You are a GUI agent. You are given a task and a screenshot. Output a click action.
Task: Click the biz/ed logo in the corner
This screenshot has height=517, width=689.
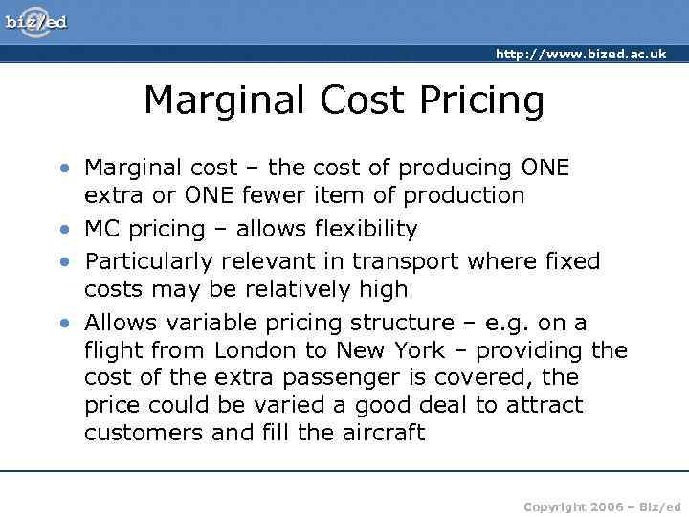click(36, 20)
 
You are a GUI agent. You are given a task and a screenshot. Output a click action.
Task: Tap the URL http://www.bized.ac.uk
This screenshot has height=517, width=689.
click(580, 55)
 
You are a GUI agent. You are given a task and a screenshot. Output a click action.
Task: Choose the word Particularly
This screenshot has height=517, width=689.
click(150, 261)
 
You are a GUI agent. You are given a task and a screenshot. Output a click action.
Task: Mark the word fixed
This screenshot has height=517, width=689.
click(572, 261)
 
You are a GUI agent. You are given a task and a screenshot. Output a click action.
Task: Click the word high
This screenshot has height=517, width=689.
click(383, 289)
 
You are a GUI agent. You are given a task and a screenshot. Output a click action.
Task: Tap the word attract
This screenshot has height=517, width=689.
click(543, 405)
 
